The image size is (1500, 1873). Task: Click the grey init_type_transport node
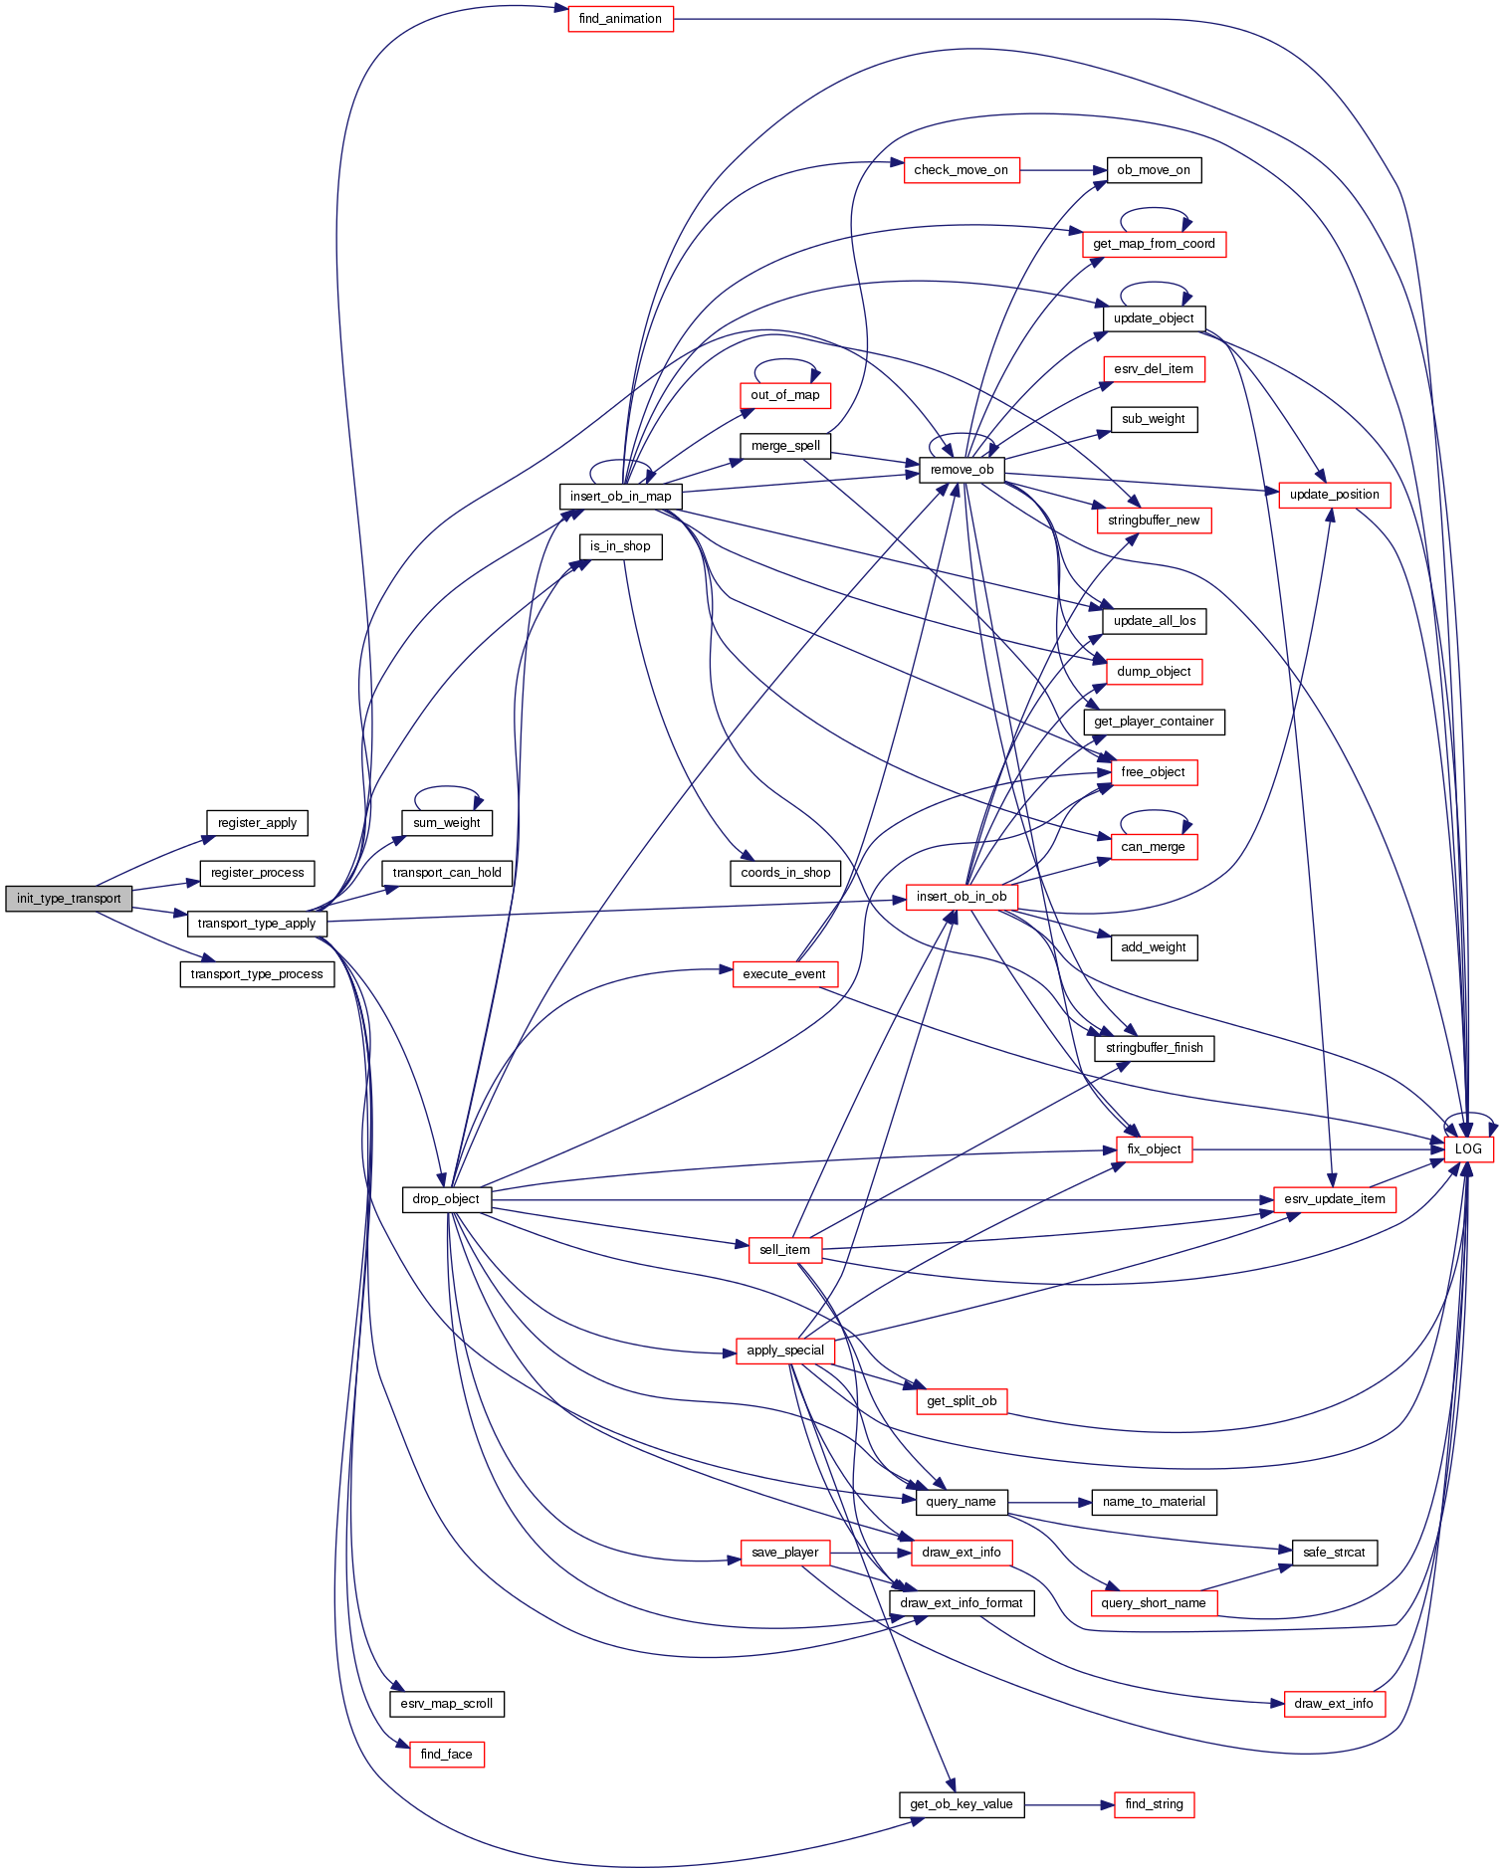pyautogui.click(x=69, y=899)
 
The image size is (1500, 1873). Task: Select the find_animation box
pyautogui.click(x=620, y=19)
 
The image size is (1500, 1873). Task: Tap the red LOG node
pyautogui.click(x=1468, y=1148)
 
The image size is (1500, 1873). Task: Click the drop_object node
pyautogui.click(x=446, y=1199)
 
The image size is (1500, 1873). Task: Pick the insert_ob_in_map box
pyautogui.click(x=620, y=496)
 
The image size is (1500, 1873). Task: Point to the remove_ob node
pyautogui.click(x=962, y=470)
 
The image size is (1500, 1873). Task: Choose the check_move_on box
pyautogui.click(x=961, y=170)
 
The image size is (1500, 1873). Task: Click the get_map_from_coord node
pyautogui.click(x=1154, y=244)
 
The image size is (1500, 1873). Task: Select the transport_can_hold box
pyautogui.click(x=447, y=873)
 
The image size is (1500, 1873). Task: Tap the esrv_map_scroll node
pyautogui.click(x=446, y=1704)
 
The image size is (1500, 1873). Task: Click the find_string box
pyautogui.click(x=1154, y=1804)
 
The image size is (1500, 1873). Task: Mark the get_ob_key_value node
pyautogui.click(x=961, y=1804)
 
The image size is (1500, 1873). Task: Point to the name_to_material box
pyautogui.click(x=1154, y=1502)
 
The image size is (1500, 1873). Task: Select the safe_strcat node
pyautogui.click(x=1334, y=1553)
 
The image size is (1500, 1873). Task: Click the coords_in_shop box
pyautogui.click(x=785, y=873)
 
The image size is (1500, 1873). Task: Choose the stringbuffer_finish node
pyautogui.click(x=1154, y=1048)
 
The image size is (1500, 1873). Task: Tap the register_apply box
pyautogui.click(x=257, y=823)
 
